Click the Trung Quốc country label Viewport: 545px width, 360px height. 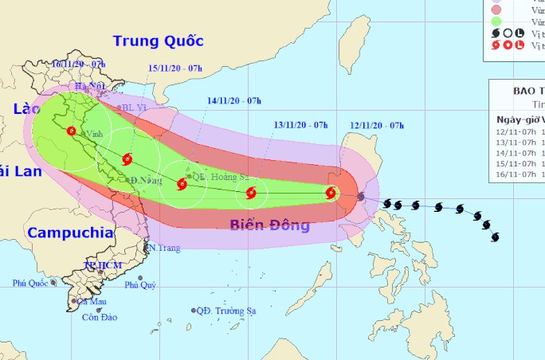(159, 41)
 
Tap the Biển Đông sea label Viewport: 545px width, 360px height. (269, 225)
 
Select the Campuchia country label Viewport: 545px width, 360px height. (69, 233)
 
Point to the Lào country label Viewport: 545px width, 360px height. (28, 108)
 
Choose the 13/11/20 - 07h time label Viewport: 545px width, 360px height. (301, 126)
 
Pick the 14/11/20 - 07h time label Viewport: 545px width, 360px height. (234, 101)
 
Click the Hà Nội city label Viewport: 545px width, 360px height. (90, 86)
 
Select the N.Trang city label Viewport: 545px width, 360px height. (164, 248)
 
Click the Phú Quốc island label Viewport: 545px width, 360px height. (30, 284)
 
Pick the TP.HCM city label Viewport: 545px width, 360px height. (100, 264)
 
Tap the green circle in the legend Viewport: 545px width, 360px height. (496, 22)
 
